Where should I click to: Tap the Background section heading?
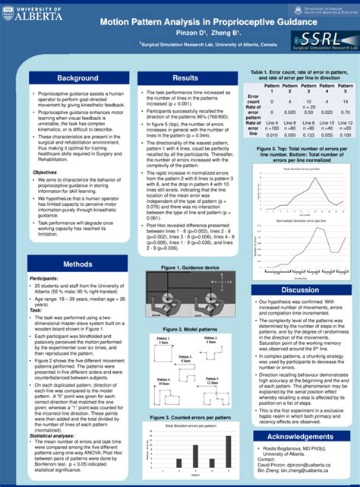coord(66,78)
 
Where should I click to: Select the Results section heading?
coord(185,78)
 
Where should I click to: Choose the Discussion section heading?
coord(300,290)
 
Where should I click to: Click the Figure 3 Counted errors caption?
coord(185,417)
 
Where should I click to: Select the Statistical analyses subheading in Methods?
coord(55,435)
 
